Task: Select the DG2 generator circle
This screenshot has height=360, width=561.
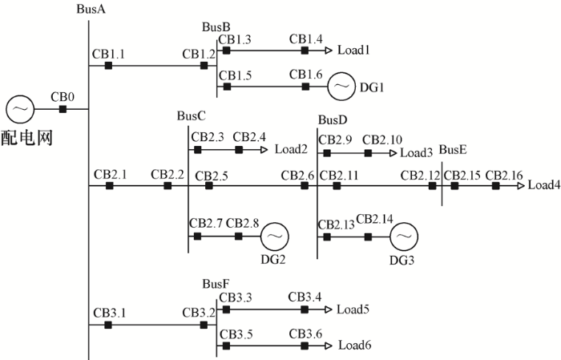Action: tap(274, 237)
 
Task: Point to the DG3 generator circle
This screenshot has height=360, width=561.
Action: tap(403, 237)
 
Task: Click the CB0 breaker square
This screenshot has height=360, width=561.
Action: tap(63, 108)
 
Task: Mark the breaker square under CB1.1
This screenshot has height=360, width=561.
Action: tap(108, 66)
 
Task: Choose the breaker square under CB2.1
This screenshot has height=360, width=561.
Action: tap(109, 186)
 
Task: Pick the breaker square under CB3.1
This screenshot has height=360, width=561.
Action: tap(108, 325)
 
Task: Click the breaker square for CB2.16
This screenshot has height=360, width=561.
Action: tap(495, 186)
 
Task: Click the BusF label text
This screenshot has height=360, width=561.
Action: tap(216, 284)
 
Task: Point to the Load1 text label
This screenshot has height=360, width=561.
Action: tap(353, 51)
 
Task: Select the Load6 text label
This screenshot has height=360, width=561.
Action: tap(354, 346)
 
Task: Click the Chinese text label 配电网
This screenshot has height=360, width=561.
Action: tap(26, 137)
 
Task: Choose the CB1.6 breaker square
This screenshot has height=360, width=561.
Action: tap(305, 86)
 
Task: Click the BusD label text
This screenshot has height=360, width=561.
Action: tap(333, 120)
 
